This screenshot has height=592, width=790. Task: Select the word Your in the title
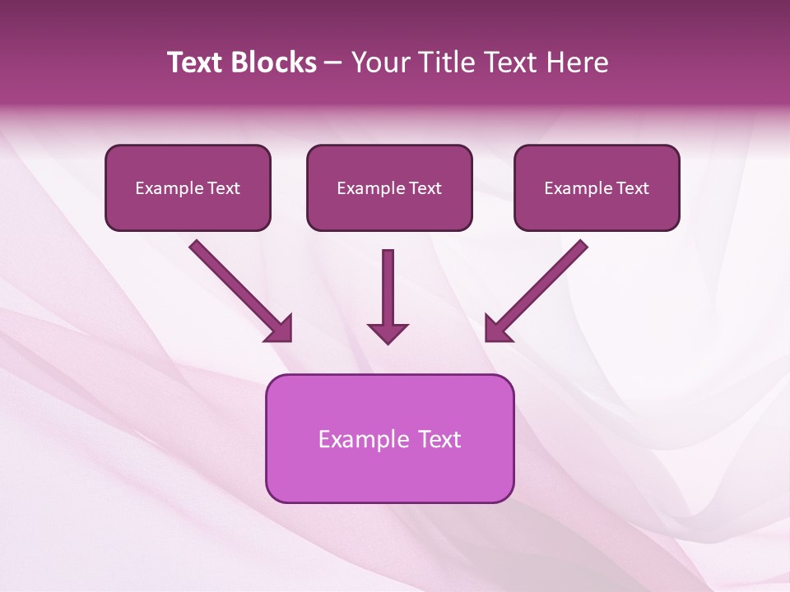click(x=380, y=62)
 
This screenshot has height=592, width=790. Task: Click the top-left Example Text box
click(x=188, y=187)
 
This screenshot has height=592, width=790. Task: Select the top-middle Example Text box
click(x=389, y=187)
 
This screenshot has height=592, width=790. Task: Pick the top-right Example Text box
click(x=597, y=187)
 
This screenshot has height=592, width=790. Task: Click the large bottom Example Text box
click(x=389, y=438)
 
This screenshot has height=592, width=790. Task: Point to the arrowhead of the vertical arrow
click(x=388, y=333)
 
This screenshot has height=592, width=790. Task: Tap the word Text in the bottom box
click(x=440, y=439)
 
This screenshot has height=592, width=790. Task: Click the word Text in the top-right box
click(x=633, y=188)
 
